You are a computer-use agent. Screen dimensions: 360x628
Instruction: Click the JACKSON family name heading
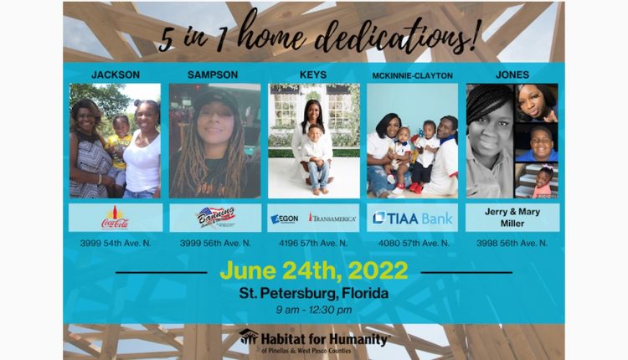pyautogui.click(x=116, y=75)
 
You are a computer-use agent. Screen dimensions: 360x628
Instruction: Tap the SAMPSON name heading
pyautogui.click(x=214, y=75)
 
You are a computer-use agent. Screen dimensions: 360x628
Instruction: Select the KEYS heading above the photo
pyautogui.click(x=313, y=75)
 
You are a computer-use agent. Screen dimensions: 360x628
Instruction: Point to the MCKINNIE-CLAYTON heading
pyautogui.click(x=412, y=75)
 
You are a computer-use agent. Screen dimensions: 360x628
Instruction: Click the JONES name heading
pyautogui.click(x=512, y=75)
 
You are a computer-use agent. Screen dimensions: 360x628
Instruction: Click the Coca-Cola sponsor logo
pyautogui.click(x=116, y=218)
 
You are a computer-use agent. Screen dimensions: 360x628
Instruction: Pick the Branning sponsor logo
pyautogui.click(x=214, y=218)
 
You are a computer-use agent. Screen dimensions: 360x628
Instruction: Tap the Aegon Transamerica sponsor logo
pyautogui.click(x=313, y=218)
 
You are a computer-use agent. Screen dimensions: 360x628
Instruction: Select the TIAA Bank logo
pyautogui.click(x=412, y=218)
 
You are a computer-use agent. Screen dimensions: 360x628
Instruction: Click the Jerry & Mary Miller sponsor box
pyautogui.click(x=512, y=218)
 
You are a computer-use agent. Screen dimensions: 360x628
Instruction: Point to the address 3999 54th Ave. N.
pyautogui.click(x=116, y=243)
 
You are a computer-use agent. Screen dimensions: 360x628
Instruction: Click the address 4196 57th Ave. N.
pyautogui.click(x=313, y=243)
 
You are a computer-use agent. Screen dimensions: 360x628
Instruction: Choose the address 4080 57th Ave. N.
pyautogui.click(x=412, y=243)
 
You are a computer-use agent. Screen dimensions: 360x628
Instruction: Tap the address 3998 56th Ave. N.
pyautogui.click(x=512, y=243)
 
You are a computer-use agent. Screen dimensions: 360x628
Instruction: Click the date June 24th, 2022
pyautogui.click(x=313, y=270)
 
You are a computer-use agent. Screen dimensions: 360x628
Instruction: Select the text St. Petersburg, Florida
pyautogui.click(x=313, y=294)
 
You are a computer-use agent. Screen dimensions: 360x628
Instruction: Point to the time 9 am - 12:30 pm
pyautogui.click(x=313, y=310)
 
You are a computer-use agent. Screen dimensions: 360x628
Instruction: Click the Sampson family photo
pyautogui.click(x=214, y=140)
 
